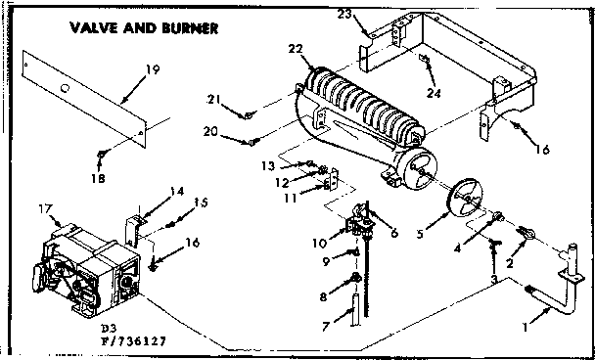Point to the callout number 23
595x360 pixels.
372,15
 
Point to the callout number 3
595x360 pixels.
495,280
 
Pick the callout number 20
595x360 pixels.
236,132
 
